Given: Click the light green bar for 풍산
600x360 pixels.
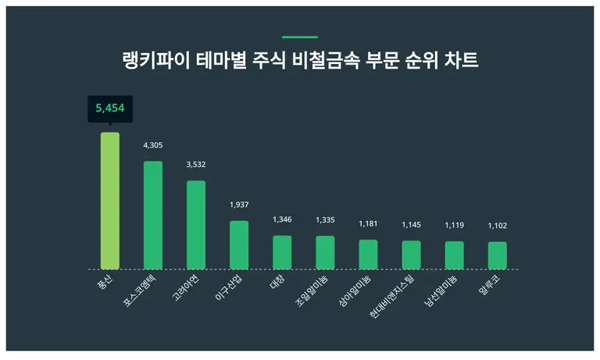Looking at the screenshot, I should click(110, 201).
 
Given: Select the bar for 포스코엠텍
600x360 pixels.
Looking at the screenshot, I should click(153, 215).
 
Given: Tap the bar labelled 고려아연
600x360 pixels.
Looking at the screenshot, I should click(196, 225).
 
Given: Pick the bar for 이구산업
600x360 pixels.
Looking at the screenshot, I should click(239, 244).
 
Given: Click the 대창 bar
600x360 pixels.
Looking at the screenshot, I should click(282, 252).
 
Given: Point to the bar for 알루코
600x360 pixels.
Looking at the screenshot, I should click(498, 255).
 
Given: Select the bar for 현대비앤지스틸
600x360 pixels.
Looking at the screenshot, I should click(412, 255).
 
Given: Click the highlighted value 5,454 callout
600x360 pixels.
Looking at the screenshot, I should click(110, 109).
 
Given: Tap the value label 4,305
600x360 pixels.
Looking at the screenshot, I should click(153, 145).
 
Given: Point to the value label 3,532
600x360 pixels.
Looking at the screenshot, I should click(196, 165).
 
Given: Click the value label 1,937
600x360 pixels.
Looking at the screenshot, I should click(239, 205).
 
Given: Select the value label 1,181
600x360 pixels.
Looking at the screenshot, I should click(368, 224).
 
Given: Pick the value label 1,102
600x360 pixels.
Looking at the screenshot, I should click(498, 226).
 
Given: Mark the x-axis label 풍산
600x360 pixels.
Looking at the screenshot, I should click(104, 280).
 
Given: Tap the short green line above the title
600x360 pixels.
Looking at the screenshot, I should click(300, 37).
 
